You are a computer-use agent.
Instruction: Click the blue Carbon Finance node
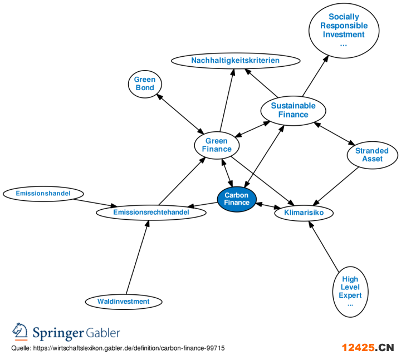pos(236,199)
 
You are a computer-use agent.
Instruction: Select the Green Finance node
pos(217,145)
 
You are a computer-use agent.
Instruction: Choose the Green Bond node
pos(144,84)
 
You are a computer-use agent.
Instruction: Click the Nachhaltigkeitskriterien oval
pos(235,60)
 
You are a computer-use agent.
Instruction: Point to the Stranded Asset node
pos(372,155)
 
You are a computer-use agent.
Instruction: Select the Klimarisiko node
pos(304,213)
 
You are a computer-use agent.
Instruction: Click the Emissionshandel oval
pos(43,194)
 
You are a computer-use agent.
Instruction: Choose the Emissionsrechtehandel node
pos(151,213)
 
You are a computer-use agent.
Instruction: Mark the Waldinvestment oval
pos(123,302)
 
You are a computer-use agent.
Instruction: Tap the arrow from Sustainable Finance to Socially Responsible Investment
pos(315,75)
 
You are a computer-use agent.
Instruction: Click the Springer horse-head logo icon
pos(20,332)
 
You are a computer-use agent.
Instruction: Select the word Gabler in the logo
pos(103,333)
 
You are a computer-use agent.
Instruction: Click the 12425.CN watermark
pos(368,348)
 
